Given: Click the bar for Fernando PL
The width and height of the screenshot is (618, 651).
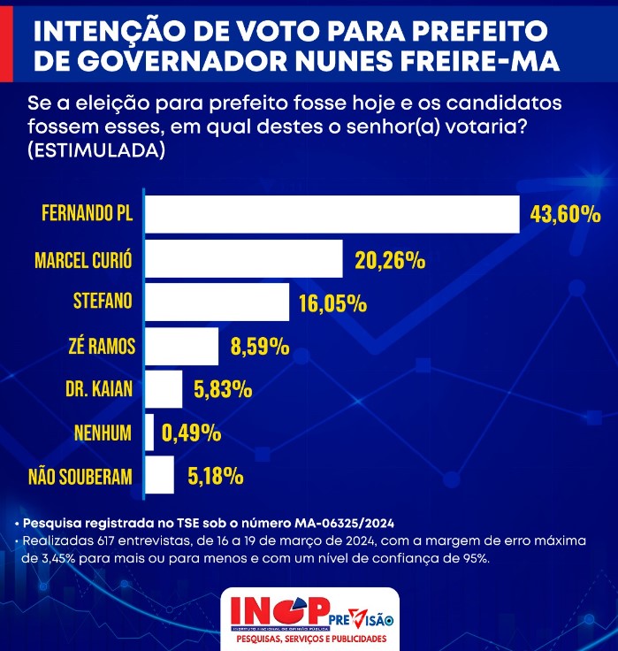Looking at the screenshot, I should point(332,215).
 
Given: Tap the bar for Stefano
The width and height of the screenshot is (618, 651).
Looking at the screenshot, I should point(217,303).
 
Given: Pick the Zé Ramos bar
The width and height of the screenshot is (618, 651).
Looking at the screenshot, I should point(181,347).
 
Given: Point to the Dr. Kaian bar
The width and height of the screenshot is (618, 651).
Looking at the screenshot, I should point(163,389).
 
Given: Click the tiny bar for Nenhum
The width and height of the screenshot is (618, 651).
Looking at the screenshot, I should point(149,433).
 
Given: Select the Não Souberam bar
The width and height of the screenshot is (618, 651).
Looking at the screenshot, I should point(159,476).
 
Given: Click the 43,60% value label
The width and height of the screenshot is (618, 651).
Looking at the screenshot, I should point(566,215).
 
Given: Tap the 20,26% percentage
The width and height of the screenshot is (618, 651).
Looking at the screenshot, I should point(390,261).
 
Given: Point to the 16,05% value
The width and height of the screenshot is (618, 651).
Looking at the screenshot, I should point(332,303).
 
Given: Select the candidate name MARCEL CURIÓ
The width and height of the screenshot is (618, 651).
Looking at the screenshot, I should point(83,261).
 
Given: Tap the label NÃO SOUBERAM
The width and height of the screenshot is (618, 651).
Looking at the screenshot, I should point(80,478).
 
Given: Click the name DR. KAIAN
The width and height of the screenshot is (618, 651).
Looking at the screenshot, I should point(100,390).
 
